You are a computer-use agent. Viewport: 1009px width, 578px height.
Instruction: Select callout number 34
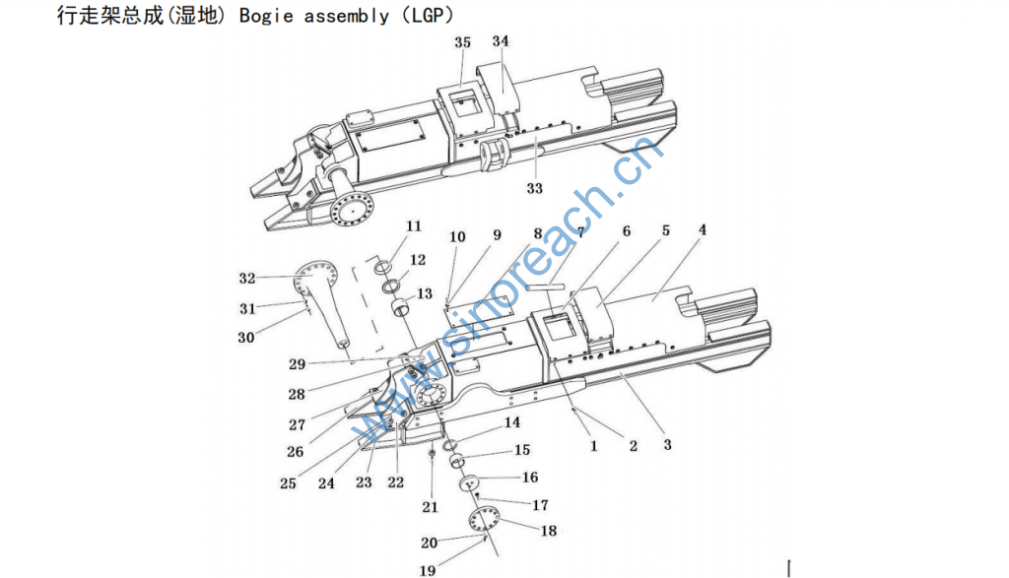point(501,41)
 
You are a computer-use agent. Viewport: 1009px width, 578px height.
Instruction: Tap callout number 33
point(535,189)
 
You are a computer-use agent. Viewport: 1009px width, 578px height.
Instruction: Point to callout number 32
point(246,278)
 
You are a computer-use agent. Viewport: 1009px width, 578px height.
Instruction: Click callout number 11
point(413,226)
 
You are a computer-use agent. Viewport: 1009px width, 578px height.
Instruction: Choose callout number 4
point(703,231)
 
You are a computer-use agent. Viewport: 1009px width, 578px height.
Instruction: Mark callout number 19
point(429,569)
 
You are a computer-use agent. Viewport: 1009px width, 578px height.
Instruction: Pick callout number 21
point(429,507)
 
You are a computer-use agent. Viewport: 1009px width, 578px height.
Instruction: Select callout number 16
point(530,478)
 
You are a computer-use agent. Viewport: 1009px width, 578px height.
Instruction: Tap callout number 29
point(297,364)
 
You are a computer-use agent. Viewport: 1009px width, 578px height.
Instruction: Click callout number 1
point(594,446)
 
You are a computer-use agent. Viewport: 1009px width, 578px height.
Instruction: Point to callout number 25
point(288,483)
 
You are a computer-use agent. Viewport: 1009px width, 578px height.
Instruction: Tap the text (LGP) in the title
point(432,18)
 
